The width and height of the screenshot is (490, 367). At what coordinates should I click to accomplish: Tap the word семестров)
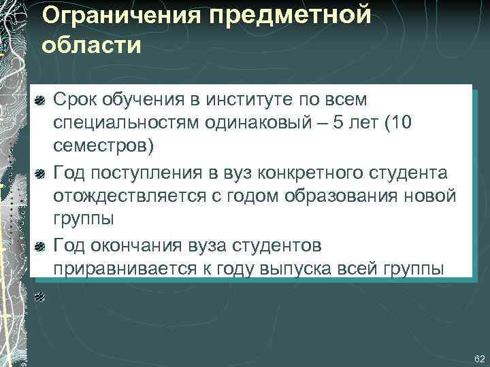pyautogui.click(x=104, y=147)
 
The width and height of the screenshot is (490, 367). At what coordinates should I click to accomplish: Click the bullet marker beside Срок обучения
pyautogui.click(x=40, y=101)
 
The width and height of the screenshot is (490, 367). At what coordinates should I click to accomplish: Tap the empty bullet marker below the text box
pyautogui.click(x=40, y=297)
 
